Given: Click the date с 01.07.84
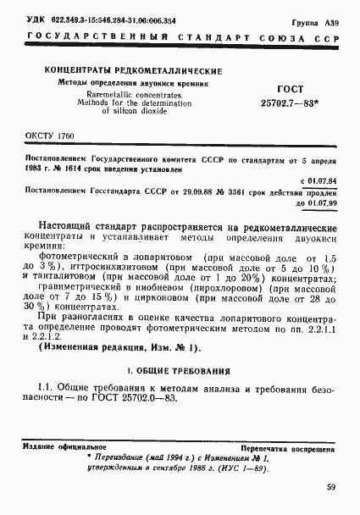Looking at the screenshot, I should (321, 180).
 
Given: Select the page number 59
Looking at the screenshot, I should (330, 486).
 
